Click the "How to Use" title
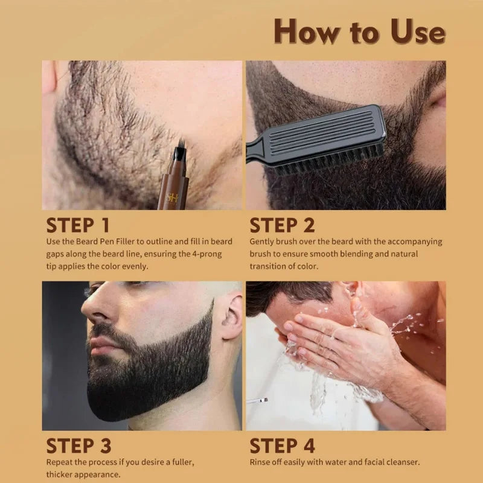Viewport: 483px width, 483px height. (359, 31)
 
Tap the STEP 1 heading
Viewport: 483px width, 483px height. (78, 225)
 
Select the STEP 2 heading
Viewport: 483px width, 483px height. (282, 225)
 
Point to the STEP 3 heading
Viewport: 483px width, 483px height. (78, 446)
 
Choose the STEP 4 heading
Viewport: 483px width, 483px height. (282, 446)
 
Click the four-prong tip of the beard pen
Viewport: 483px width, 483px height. (181, 146)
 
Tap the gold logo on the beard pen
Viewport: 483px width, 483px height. (172, 198)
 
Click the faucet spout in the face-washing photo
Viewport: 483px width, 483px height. (257, 401)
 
